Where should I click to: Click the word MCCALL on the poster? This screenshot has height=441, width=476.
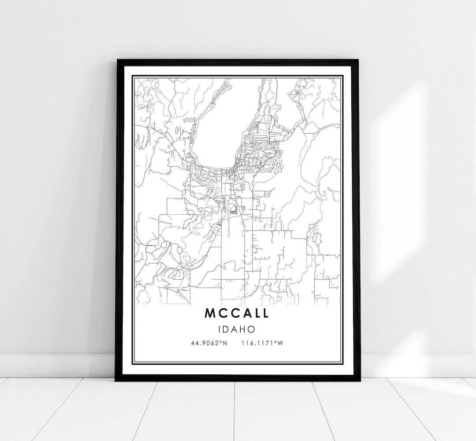click(x=237, y=313)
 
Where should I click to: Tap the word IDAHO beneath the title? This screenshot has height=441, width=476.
click(x=237, y=329)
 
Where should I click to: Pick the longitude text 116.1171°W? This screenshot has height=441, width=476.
click(x=262, y=343)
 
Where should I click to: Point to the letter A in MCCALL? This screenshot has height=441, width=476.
click(x=243, y=313)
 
